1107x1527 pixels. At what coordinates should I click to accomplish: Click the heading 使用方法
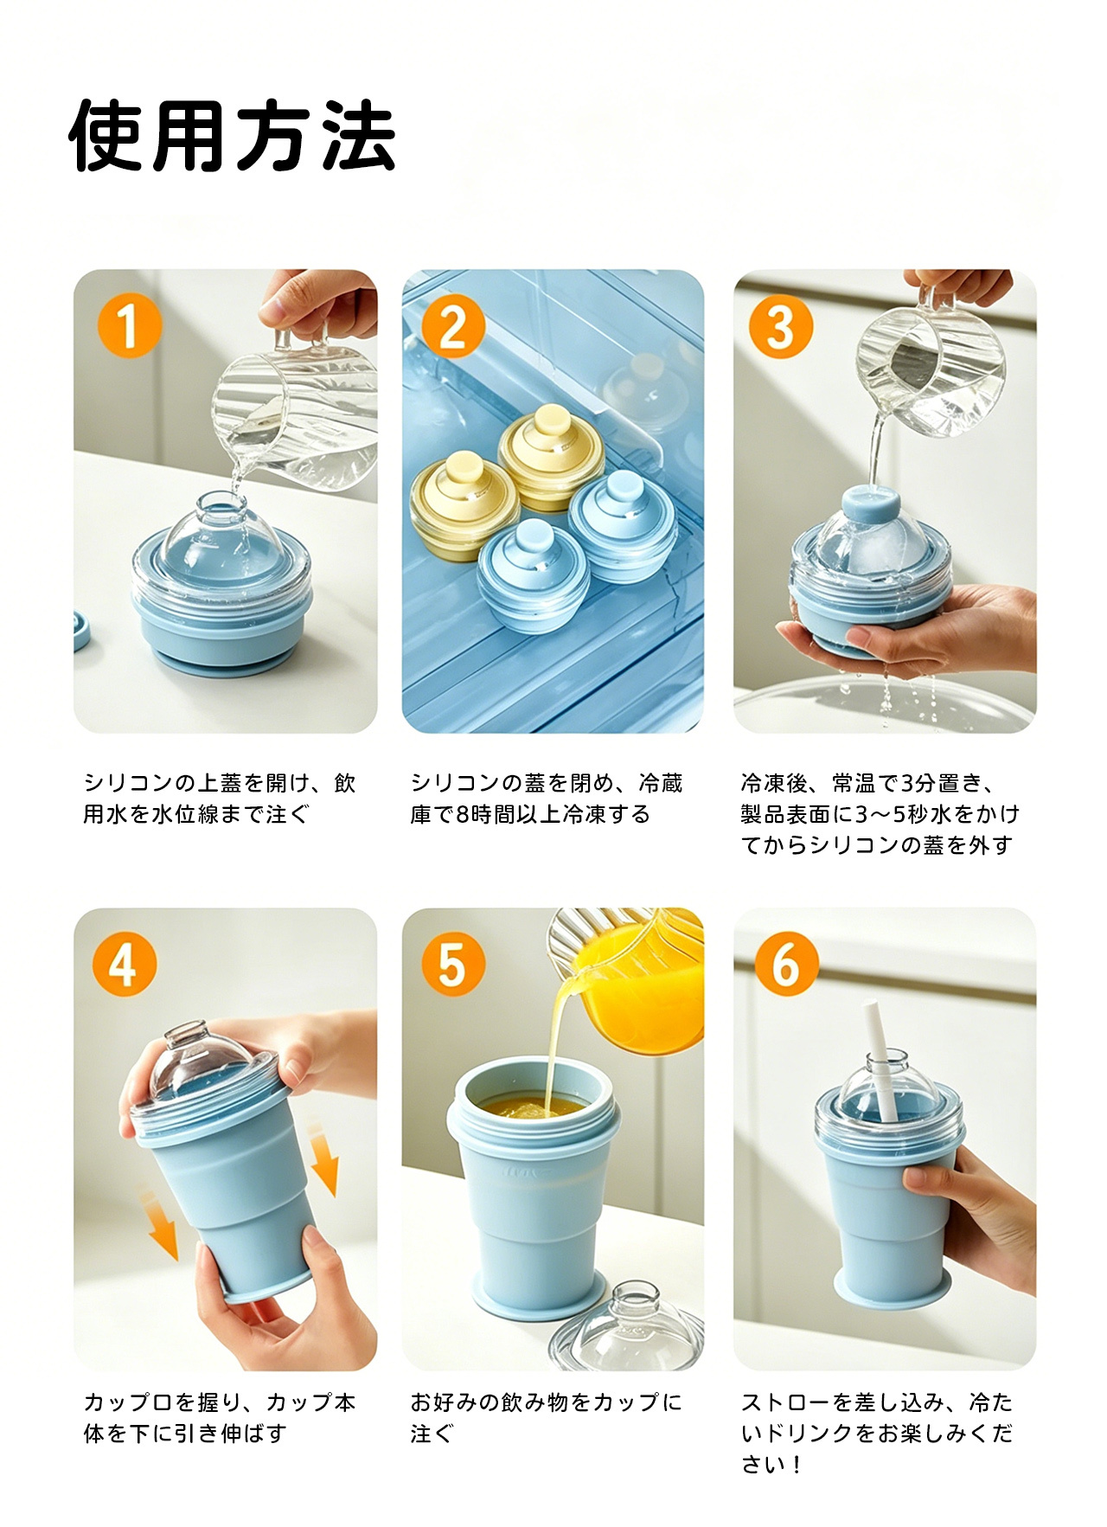tap(233, 136)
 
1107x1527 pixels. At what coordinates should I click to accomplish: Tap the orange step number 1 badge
tap(130, 326)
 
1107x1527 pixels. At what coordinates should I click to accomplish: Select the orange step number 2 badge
tap(453, 326)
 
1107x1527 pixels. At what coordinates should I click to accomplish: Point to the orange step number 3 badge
tap(781, 326)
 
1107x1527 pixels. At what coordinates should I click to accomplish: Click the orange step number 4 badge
tap(125, 965)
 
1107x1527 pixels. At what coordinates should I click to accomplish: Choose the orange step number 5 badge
tap(453, 965)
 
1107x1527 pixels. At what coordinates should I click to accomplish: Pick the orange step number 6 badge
tap(786, 965)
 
